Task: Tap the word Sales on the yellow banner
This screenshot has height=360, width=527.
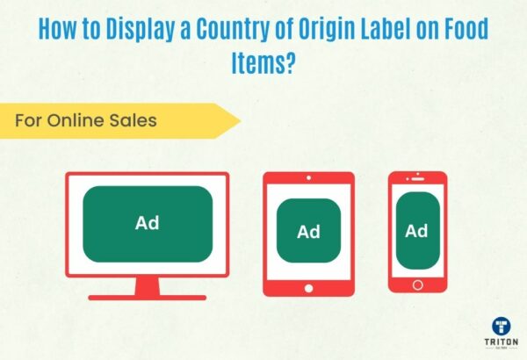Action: (134, 120)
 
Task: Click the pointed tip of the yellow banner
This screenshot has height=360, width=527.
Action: (239, 120)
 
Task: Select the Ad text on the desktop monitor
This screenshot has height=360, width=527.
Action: (148, 223)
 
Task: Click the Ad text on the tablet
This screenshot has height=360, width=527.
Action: (308, 232)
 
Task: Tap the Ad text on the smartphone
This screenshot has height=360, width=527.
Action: (416, 231)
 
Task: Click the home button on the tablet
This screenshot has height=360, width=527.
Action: (308, 286)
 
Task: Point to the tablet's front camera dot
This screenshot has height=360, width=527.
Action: (308, 177)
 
